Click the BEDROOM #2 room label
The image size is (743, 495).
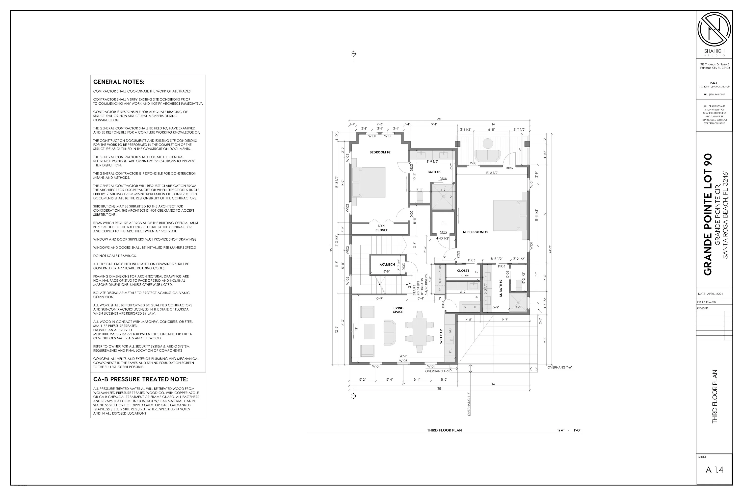point(380,152)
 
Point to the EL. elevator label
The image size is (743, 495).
point(444,223)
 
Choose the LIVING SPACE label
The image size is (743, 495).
point(398,310)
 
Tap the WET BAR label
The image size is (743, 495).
point(441,336)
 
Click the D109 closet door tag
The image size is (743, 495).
point(381,226)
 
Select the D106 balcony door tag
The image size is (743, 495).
point(509,168)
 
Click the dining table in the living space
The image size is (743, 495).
point(419,331)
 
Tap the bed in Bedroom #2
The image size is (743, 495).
point(369,182)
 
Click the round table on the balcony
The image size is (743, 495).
point(488,143)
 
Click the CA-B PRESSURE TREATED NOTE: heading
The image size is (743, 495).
point(140,379)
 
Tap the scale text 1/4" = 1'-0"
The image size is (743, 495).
point(569,430)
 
